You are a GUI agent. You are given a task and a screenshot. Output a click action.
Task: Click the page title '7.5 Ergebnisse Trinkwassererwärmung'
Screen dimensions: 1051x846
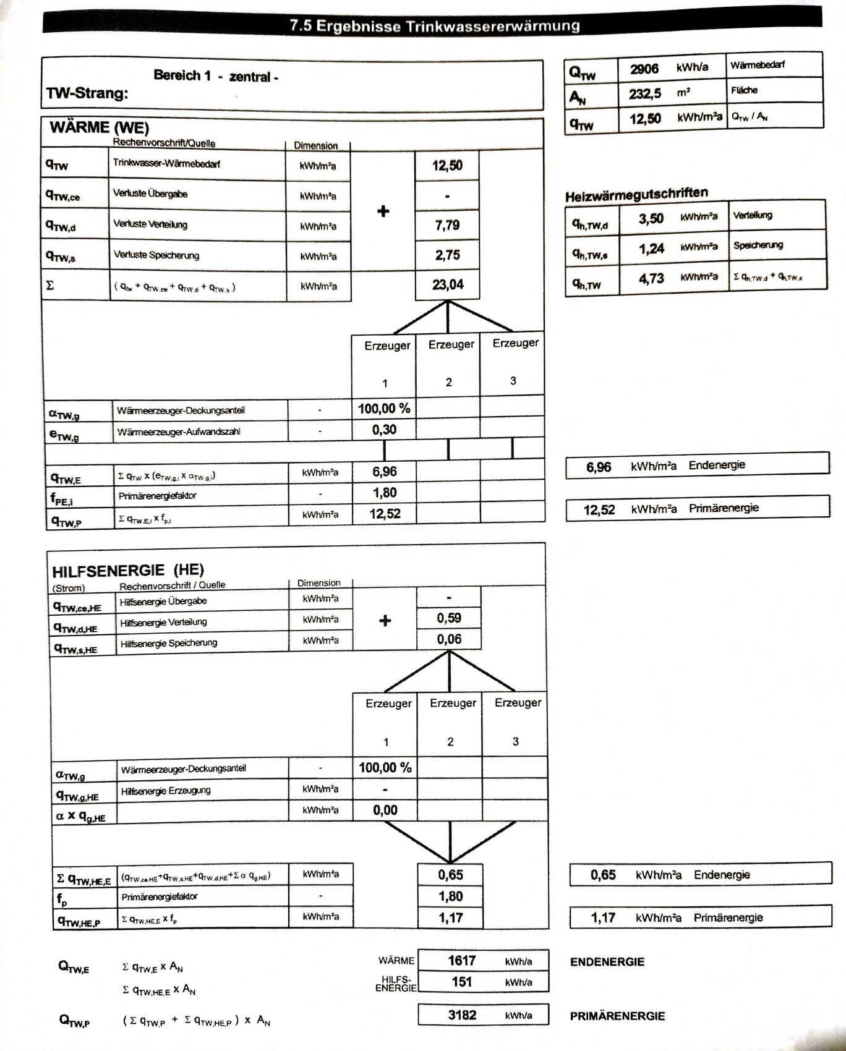(435, 26)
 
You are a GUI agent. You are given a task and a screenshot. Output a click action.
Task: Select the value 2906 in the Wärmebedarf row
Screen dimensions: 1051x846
(644, 68)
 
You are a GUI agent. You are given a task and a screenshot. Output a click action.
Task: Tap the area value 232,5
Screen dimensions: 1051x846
(645, 93)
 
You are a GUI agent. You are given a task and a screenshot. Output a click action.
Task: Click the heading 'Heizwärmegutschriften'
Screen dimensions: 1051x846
(636, 194)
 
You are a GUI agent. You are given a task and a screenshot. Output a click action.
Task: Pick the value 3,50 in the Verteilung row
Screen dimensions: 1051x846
(651, 218)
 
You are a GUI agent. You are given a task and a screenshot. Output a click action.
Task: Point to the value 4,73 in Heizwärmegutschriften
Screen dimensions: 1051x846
(651, 278)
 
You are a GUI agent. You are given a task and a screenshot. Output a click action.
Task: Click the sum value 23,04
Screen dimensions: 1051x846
(448, 284)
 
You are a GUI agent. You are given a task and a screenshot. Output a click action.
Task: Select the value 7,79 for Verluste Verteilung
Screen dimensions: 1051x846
(447, 225)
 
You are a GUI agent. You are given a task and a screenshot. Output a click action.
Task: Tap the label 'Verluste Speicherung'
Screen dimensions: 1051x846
(156, 255)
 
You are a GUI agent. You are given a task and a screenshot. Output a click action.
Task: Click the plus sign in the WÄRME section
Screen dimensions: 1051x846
(383, 211)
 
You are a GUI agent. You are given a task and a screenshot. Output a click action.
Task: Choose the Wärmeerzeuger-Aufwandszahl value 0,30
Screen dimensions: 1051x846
(384, 430)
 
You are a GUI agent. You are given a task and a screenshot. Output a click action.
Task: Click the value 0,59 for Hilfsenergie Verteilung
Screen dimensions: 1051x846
(449, 618)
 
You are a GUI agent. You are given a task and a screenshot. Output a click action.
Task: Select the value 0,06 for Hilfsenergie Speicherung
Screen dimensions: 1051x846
(449, 639)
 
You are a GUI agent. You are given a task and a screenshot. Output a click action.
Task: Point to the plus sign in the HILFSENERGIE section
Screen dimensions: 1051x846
(385, 621)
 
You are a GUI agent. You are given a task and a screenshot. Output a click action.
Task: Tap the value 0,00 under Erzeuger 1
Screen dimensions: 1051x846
(385, 810)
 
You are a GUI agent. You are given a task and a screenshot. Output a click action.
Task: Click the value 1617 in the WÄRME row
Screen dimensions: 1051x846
(462, 960)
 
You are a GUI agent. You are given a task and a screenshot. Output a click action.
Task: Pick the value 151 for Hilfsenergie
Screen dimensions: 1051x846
(462, 982)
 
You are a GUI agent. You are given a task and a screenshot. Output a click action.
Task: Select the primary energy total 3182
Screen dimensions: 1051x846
(462, 1015)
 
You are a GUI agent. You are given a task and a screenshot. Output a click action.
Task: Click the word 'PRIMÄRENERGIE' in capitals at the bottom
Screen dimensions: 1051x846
(617, 1016)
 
